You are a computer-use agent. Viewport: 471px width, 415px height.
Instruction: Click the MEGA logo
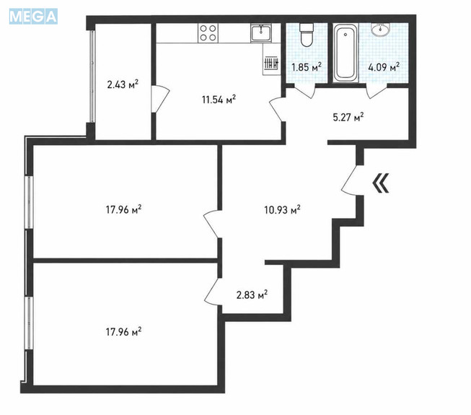[x=33, y=16]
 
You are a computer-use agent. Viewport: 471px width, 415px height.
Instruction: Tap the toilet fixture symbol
[x=307, y=35]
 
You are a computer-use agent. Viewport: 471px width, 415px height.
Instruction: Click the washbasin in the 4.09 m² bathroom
[x=381, y=30]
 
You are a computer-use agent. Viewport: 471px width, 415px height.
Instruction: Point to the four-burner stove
[x=208, y=33]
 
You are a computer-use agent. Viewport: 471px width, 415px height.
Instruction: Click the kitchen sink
[x=261, y=33]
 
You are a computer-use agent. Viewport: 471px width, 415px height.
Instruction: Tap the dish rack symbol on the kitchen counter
[x=271, y=64]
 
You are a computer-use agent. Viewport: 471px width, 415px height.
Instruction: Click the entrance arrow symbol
[x=381, y=183]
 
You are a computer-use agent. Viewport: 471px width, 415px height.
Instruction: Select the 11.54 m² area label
[x=219, y=100]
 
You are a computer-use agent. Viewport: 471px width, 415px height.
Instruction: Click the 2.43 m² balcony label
[x=123, y=84]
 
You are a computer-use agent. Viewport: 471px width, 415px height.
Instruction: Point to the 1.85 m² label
[x=307, y=67]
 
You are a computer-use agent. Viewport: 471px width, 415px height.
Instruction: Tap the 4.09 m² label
[x=384, y=67]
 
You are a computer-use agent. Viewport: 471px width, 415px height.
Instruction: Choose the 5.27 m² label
[x=348, y=117]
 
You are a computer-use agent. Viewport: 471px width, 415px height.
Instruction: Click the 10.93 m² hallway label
[x=282, y=210]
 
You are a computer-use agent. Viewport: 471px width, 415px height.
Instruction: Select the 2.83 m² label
[x=252, y=295]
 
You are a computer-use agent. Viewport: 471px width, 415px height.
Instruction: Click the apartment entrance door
[x=348, y=180]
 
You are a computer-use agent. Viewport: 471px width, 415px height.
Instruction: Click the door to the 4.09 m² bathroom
[x=377, y=92]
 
